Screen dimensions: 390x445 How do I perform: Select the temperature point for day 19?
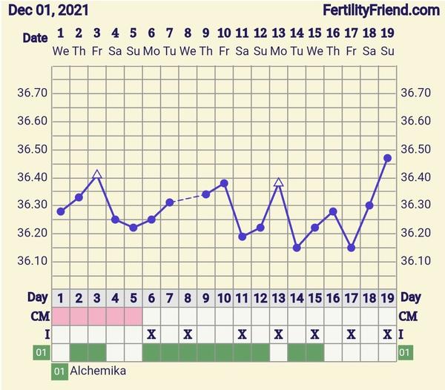click(387, 158)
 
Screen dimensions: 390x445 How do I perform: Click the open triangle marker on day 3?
click(97, 175)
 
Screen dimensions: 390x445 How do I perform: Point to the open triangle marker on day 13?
click(279, 182)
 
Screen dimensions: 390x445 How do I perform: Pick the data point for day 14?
click(297, 248)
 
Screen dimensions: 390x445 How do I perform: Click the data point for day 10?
click(224, 183)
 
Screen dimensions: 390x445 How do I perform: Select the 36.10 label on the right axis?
click(416, 261)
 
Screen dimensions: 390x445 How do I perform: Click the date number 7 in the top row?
click(170, 33)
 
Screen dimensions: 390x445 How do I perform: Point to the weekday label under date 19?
click(387, 50)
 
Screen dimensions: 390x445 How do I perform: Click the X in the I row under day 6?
click(151, 334)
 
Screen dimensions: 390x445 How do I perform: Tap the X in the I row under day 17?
click(351, 334)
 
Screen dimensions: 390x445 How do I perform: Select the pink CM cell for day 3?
click(97, 316)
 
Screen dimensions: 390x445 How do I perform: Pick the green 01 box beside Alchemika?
click(59, 370)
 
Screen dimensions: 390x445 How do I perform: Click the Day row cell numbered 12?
click(260, 298)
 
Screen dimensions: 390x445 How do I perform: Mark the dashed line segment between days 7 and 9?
click(188, 198)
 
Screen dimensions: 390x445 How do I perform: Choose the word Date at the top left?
click(34, 37)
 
